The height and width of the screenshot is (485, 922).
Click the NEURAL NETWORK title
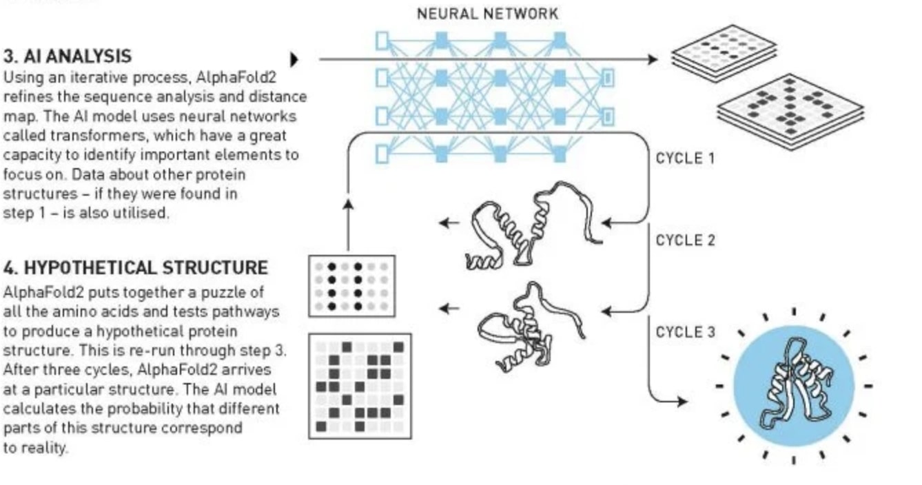487,14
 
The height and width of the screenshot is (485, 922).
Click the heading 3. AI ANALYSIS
68,56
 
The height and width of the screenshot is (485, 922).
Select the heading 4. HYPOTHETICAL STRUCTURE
136,267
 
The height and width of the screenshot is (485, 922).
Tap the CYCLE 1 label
685,158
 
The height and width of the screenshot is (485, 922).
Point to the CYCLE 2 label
685,240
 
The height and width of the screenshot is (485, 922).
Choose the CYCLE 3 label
685,332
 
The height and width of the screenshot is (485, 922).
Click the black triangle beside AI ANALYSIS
294,59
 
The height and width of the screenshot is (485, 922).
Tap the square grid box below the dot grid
360,386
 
